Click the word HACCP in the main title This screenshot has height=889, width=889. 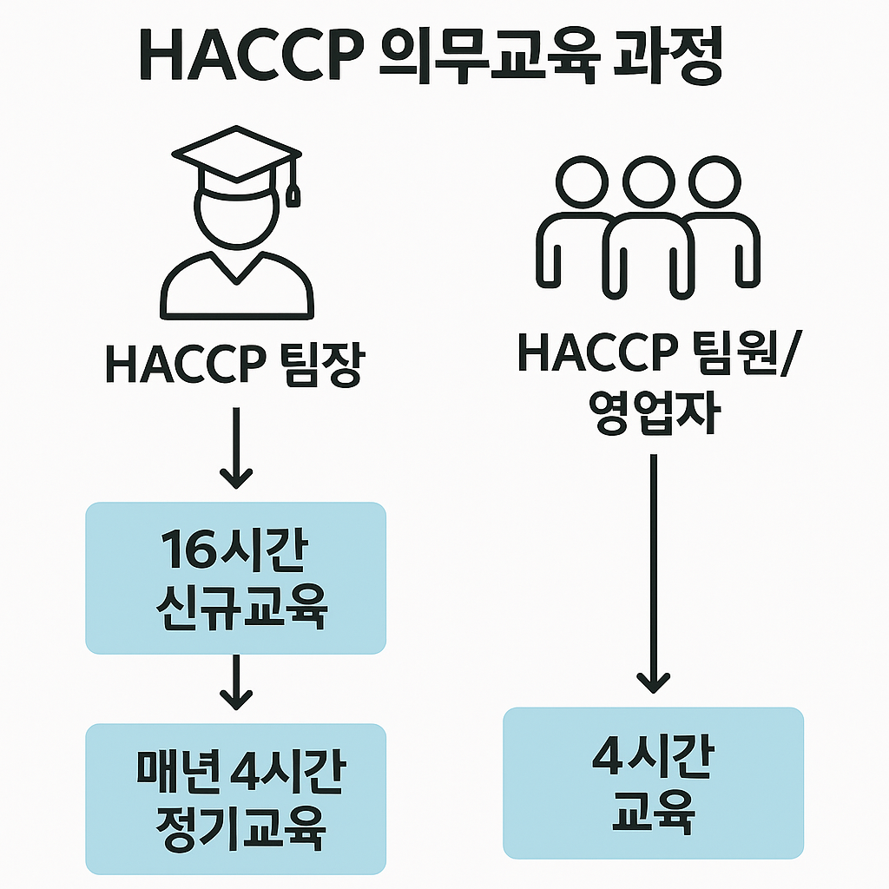[x=246, y=58]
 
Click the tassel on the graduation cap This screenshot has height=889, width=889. [x=293, y=192]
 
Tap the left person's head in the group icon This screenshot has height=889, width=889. [x=579, y=182]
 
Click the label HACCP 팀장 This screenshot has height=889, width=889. [x=235, y=365]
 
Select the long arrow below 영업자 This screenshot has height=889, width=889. [x=654, y=573]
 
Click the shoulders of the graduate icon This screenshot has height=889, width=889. [x=236, y=286]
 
